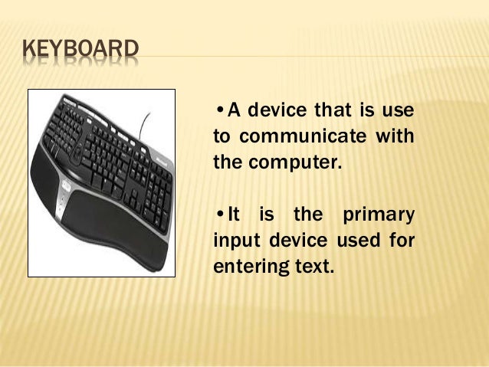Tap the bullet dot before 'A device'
click(220, 110)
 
